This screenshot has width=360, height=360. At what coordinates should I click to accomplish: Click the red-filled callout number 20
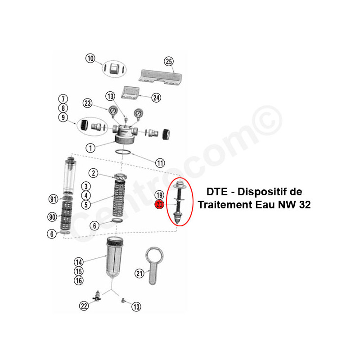point(159,205)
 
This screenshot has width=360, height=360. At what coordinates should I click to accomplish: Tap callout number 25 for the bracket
point(169,62)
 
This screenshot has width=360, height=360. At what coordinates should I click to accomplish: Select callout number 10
point(90,58)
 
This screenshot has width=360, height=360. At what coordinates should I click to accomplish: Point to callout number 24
point(156,98)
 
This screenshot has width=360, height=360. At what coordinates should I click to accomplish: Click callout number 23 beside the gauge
point(87,103)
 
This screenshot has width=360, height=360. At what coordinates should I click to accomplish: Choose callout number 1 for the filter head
point(90,148)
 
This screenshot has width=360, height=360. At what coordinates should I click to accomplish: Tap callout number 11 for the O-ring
point(160,163)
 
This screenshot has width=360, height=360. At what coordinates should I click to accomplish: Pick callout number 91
point(53,199)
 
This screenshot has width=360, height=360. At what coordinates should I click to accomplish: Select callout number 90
point(52,217)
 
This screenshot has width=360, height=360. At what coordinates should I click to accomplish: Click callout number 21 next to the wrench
point(139,274)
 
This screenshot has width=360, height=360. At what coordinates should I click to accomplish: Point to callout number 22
point(84,306)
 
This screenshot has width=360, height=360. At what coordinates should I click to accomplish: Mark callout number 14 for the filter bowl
point(78,262)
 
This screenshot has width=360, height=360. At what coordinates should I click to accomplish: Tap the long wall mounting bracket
point(160,77)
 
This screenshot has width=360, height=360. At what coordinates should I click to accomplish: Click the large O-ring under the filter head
point(123,152)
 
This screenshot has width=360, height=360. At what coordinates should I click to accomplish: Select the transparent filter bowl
point(115,257)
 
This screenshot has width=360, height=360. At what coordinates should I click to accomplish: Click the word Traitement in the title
point(225,205)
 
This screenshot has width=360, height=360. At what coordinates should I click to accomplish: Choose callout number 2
point(93,173)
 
